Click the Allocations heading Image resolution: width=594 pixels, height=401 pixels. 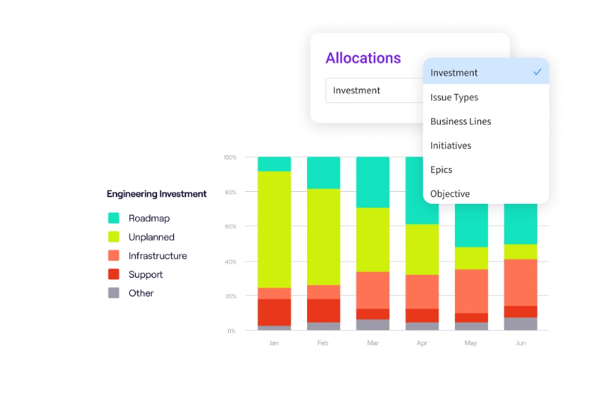point(363,58)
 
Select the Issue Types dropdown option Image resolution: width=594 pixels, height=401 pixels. point(454,97)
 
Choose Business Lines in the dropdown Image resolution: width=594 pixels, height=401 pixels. point(460,121)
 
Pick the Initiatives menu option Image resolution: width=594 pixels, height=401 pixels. point(451,146)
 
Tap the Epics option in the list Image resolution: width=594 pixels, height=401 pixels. point(442,170)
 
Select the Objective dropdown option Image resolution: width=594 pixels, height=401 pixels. point(450,193)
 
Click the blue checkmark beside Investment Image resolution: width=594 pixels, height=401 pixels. point(537,72)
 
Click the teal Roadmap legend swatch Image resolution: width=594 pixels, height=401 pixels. point(114,218)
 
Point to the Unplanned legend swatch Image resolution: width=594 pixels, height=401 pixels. point(114,237)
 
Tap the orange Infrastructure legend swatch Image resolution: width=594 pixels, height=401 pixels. point(114,255)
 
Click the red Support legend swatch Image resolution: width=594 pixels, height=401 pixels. point(114,274)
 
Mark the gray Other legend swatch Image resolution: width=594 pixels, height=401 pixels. point(114,293)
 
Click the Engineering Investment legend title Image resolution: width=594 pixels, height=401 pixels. point(156,194)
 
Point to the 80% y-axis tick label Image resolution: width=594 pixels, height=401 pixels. point(230,192)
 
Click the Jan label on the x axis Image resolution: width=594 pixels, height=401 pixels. point(274,343)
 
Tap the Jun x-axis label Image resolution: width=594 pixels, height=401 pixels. point(521,343)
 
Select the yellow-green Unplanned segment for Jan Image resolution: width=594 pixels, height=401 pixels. point(274,229)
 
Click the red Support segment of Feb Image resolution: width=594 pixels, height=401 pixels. point(324,311)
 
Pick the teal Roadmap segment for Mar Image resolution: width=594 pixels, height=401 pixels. point(373,182)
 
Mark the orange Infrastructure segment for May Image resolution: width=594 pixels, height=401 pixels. point(471,290)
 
